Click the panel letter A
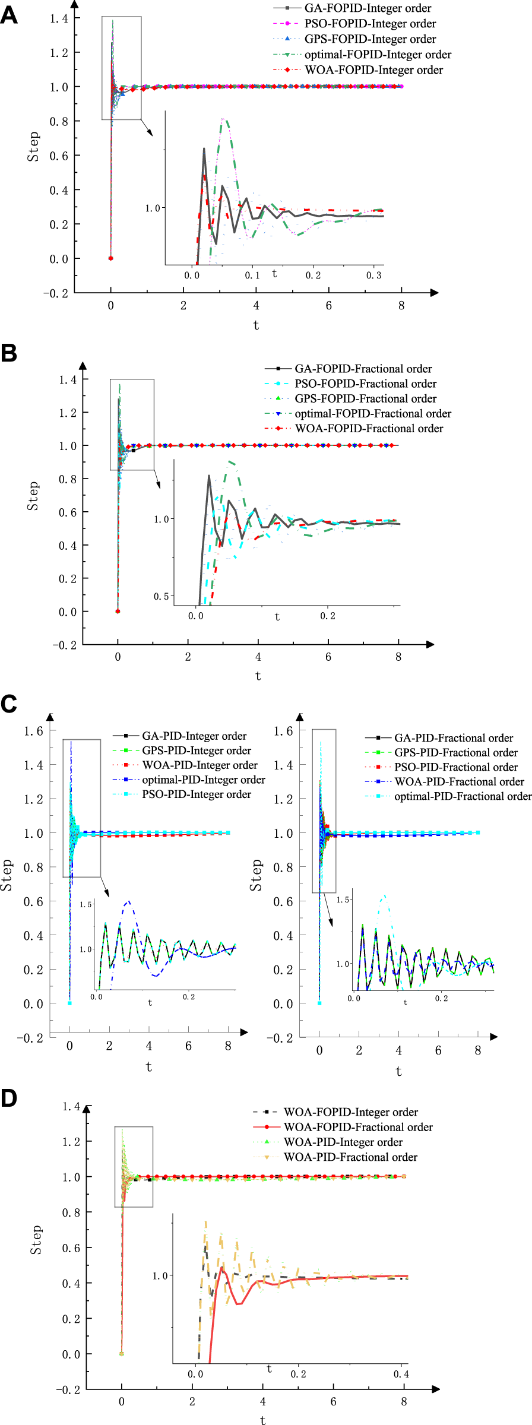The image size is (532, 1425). (x=9, y=14)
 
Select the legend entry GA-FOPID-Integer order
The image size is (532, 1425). (x=368, y=8)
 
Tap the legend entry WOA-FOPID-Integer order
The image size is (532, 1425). (x=373, y=70)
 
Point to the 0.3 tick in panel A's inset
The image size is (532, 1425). (x=374, y=275)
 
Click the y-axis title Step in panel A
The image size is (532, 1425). (x=33, y=147)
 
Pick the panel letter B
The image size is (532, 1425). (x=9, y=353)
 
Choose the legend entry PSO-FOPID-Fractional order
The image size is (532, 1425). (x=365, y=384)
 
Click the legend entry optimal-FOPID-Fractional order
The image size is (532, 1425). (x=373, y=413)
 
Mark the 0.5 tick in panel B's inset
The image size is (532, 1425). (x=161, y=596)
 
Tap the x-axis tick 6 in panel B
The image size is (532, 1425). (x=328, y=657)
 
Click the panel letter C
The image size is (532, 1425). (x=9, y=704)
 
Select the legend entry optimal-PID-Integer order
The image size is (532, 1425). (x=203, y=780)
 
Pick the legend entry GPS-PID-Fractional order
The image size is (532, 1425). (x=456, y=752)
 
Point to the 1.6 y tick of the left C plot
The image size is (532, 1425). (x=33, y=731)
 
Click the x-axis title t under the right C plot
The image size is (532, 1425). (x=398, y=1071)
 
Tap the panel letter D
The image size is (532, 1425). (x=9, y=1098)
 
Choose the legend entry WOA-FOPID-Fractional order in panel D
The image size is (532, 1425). (x=358, y=1127)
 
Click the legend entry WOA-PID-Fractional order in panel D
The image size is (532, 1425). (x=350, y=1157)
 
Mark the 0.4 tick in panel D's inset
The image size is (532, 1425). (x=401, y=1374)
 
